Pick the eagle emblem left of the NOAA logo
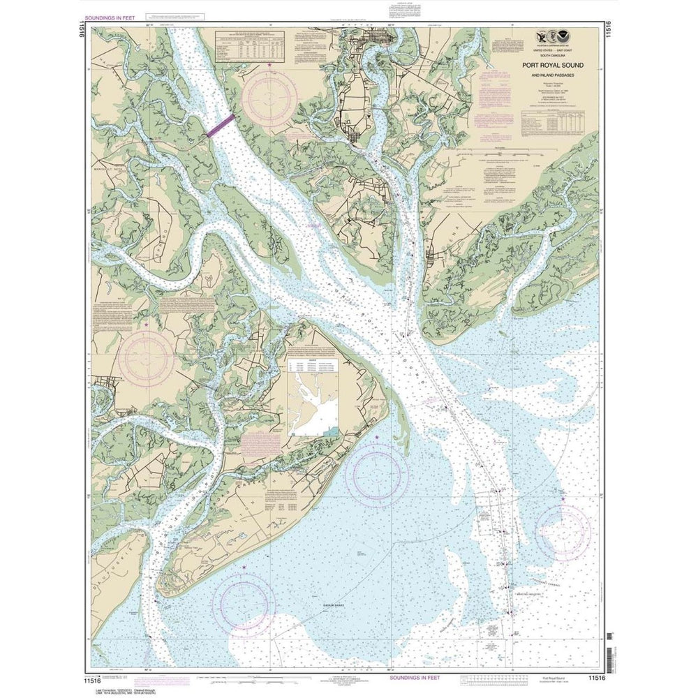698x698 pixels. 542,38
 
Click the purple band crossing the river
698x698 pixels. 220,126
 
